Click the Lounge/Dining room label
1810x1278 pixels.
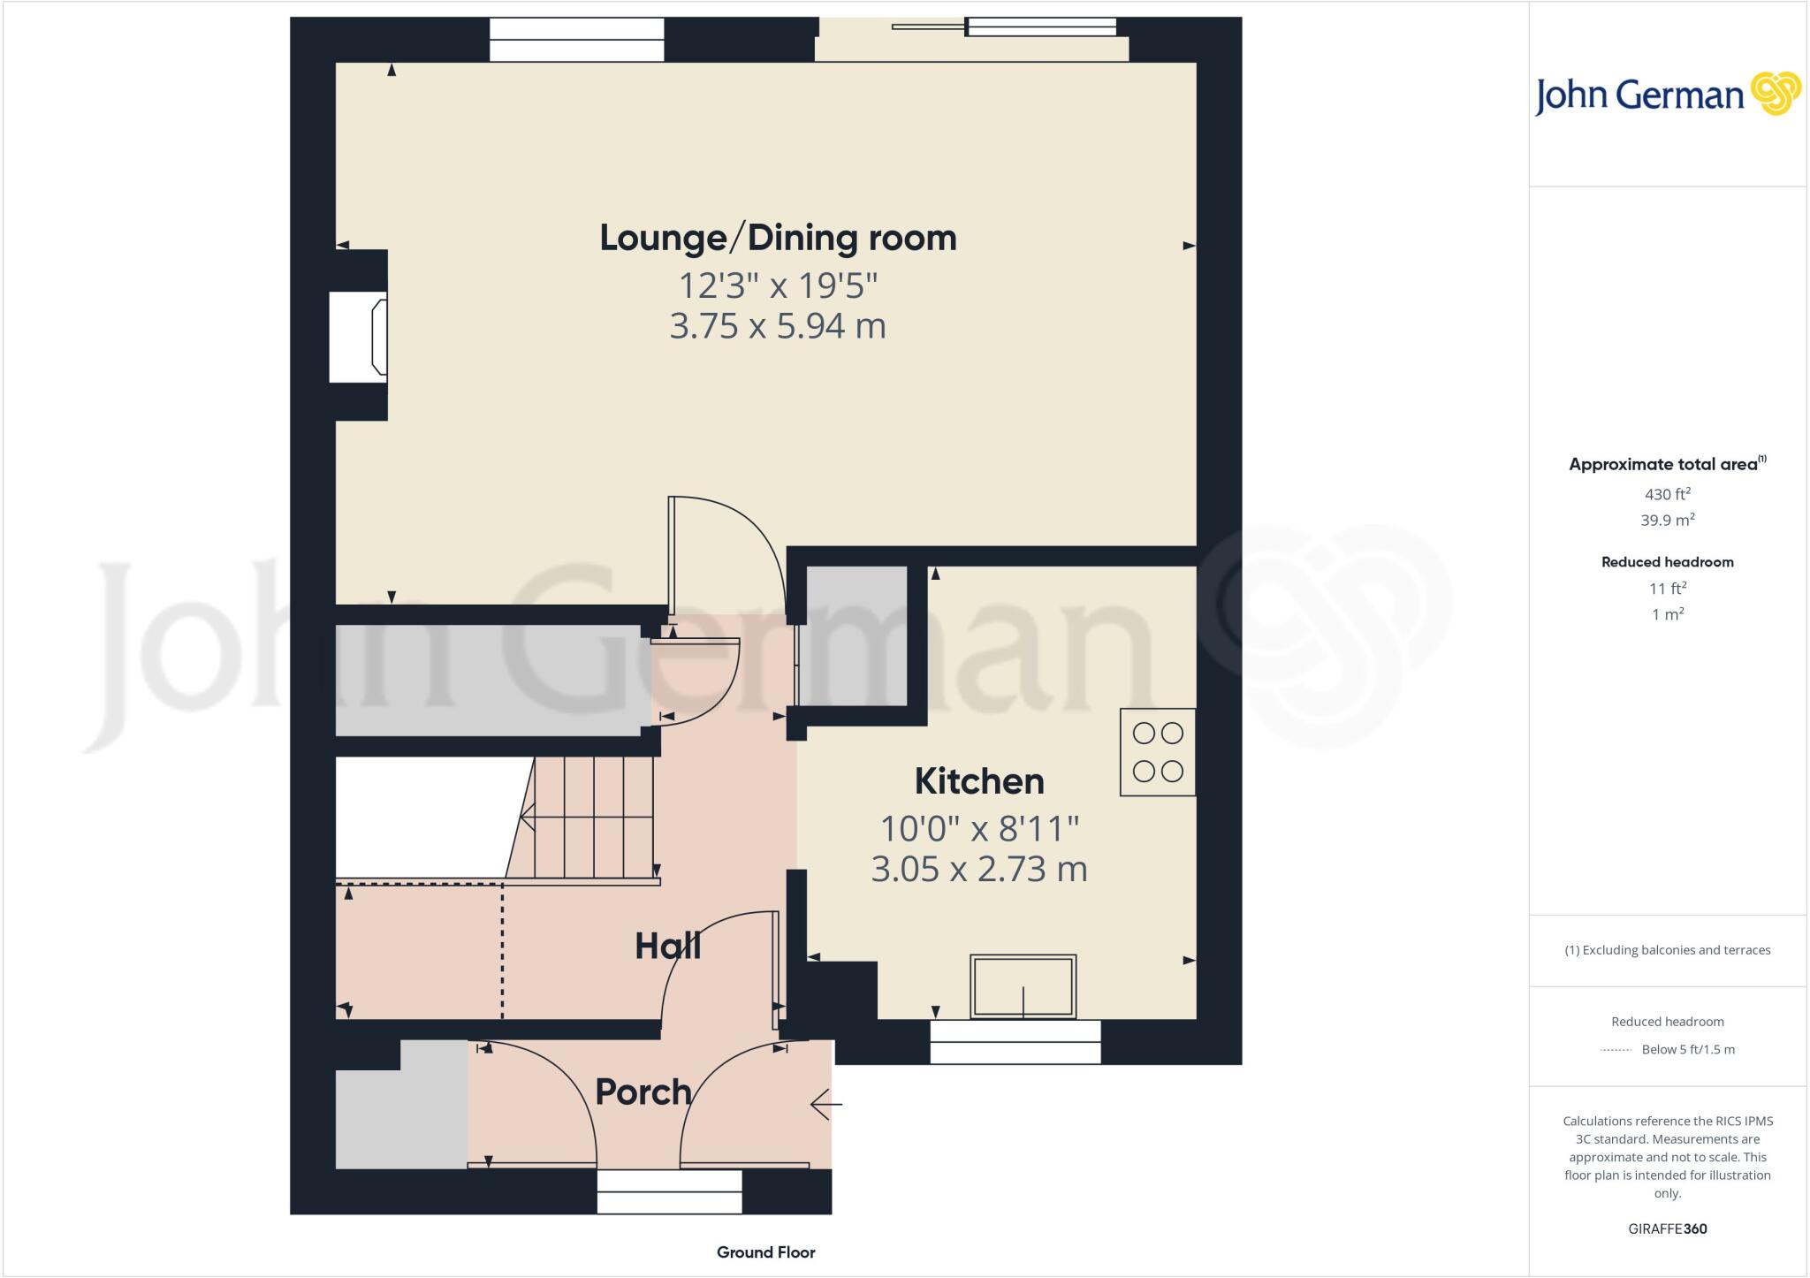[x=778, y=238]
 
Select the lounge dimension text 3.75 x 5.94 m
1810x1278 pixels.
[x=778, y=326]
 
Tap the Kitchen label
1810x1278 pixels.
[x=979, y=781]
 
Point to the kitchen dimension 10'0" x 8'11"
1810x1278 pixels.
[x=979, y=829]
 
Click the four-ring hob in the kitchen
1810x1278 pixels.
[x=1158, y=752]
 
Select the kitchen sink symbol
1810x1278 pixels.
[x=1023, y=986]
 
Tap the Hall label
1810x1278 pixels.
[x=668, y=947]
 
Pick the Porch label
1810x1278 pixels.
[x=643, y=1092]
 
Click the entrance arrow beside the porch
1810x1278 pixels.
[x=825, y=1104]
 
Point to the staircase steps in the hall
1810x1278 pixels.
[x=592, y=818]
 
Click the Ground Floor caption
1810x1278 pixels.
[x=765, y=1252]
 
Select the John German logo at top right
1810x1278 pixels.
[x=1667, y=95]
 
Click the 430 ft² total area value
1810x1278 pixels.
[x=1667, y=494]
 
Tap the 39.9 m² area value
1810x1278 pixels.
[x=1667, y=521]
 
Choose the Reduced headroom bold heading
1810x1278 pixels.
[x=1667, y=562]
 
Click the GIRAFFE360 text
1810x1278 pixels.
[x=1667, y=1229]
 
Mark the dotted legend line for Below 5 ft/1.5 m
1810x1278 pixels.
[x=1616, y=1050]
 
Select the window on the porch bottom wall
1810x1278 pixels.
[x=669, y=1191]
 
